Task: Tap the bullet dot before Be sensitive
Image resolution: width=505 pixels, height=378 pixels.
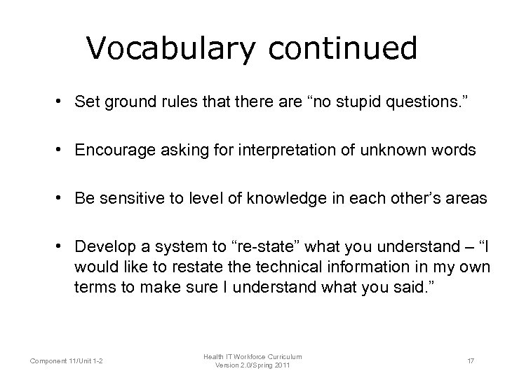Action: [x=63, y=198]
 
